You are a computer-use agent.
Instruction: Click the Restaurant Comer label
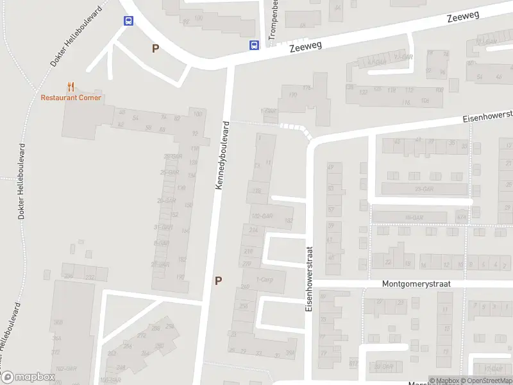[x=71, y=98]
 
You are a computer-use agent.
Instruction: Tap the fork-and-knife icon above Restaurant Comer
[x=71, y=87]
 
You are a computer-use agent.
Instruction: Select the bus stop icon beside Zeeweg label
[x=254, y=44]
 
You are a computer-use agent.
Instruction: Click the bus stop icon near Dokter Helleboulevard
[x=129, y=21]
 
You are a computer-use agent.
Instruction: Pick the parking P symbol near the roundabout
[x=155, y=48]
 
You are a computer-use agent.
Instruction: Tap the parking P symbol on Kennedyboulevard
[x=218, y=280]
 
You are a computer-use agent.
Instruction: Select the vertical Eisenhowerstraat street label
[x=308, y=279]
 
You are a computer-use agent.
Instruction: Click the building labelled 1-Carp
[x=264, y=280]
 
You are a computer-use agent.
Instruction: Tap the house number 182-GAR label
[x=263, y=216]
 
